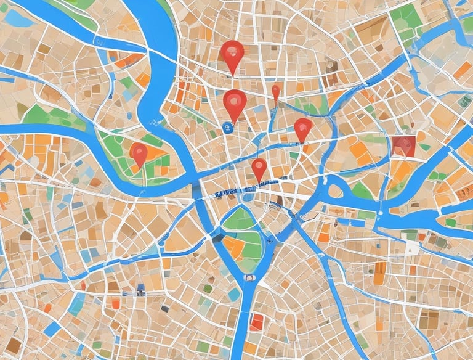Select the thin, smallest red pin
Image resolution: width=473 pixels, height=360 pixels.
[x=275, y=92]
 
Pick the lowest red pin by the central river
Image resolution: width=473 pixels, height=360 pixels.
[x=259, y=167]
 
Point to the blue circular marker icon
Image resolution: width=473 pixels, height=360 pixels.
[x=227, y=127]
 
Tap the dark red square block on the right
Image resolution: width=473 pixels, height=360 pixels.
[x=403, y=145]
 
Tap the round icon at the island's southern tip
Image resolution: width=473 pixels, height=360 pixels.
[x=249, y=278]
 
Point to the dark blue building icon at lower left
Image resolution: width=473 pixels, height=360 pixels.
[x=141, y=288]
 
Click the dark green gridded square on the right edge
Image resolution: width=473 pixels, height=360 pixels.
[x=465, y=100]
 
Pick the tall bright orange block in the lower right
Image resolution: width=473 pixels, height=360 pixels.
[x=380, y=273]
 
